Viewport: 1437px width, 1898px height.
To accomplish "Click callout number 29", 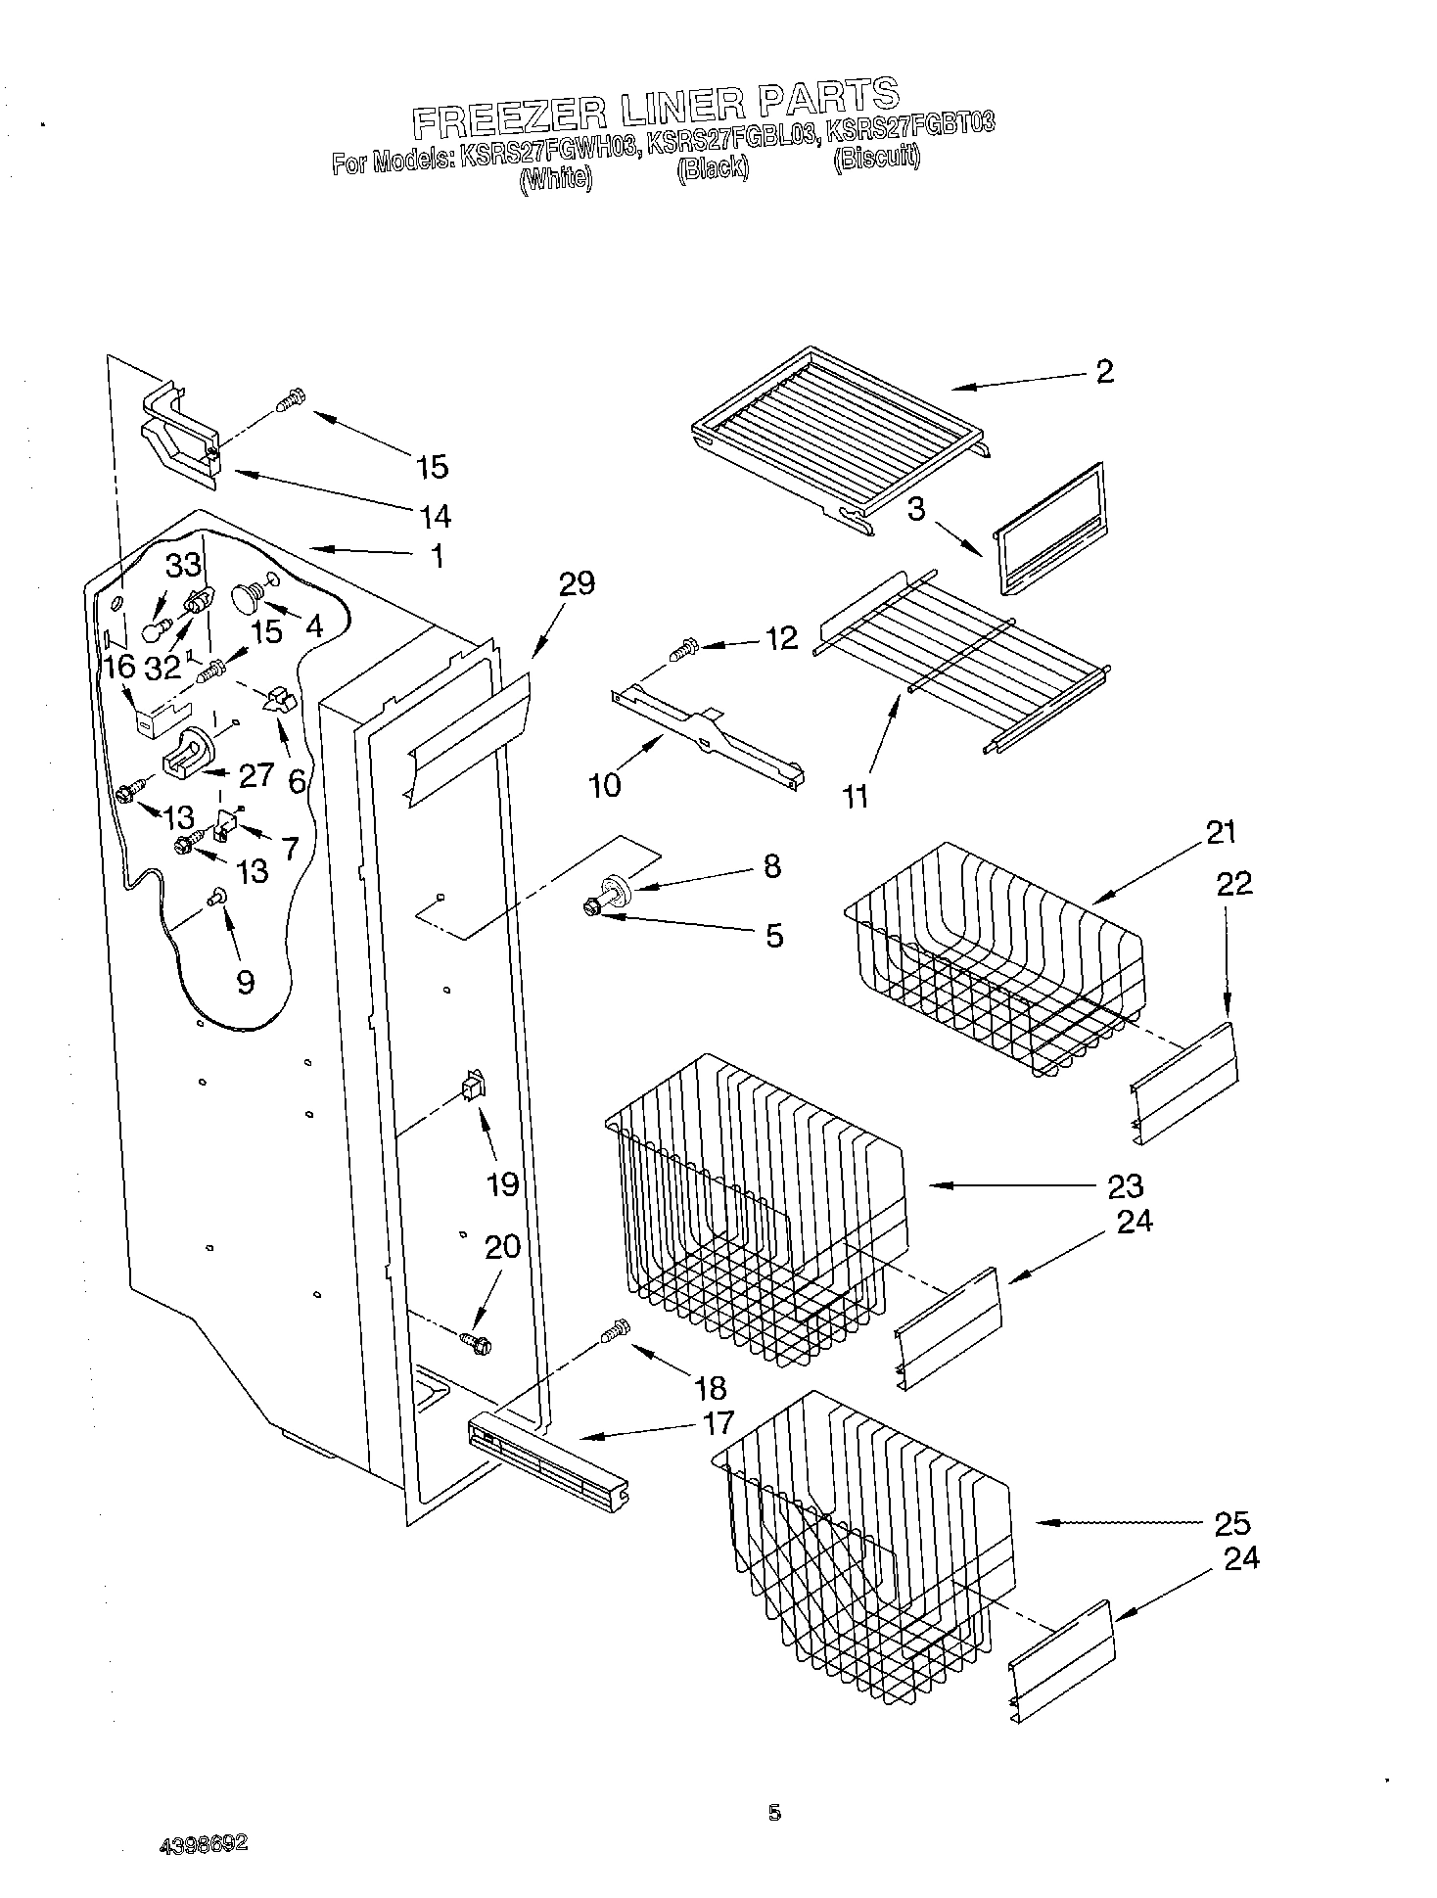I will (577, 584).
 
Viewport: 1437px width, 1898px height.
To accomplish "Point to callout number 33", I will (183, 565).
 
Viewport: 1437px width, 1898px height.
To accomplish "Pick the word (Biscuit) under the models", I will (876, 157).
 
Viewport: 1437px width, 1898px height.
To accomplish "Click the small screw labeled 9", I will (216, 894).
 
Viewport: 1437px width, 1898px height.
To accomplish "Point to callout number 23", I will (1125, 1185).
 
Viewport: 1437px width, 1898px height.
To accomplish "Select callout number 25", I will (1231, 1523).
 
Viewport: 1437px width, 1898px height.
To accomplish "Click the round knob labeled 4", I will (246, 594).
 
